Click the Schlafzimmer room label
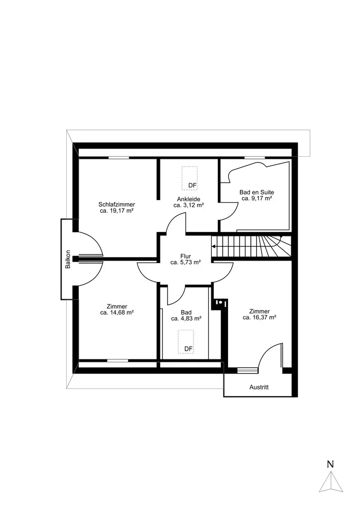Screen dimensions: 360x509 click(117, 205)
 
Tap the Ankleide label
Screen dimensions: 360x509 click(188, 199)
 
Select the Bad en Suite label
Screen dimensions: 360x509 click(257, 192)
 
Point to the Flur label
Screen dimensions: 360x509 click(185, 257)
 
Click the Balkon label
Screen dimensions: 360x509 click(68, 259)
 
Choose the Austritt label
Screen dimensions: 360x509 click(259, 387)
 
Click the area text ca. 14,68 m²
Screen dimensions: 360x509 click(117, 313)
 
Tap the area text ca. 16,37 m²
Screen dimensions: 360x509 click(259, 318)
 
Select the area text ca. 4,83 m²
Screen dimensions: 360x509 click(186, 319)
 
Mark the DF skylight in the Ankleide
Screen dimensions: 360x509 click(189, 178)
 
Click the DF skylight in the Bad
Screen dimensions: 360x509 click(186, 342)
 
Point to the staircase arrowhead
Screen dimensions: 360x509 click(213, 246)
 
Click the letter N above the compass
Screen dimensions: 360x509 click(330, 464)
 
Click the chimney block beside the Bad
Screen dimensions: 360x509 click(220, 303)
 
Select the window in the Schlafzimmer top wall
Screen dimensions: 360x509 click(119, 158)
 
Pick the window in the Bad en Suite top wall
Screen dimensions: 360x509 click(255, 158)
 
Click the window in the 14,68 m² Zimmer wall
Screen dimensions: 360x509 click(118, 360)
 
